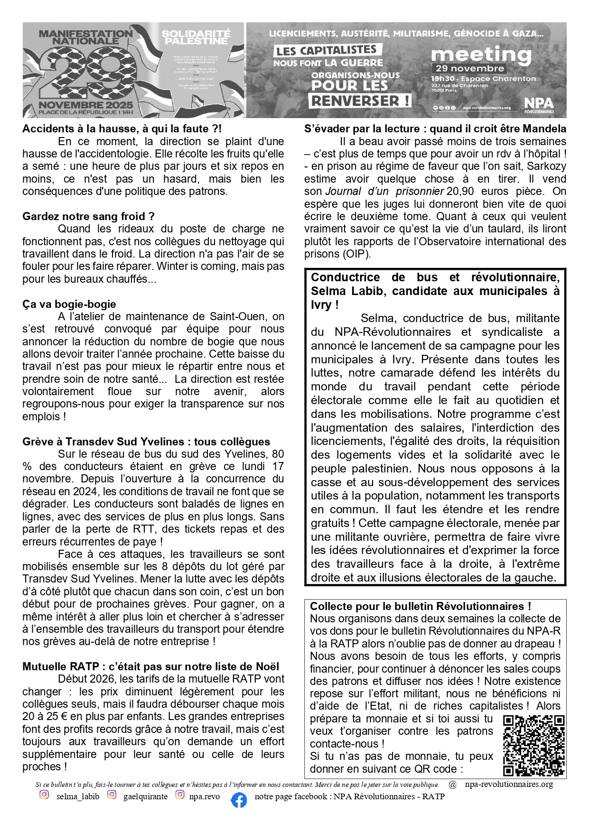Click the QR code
pyautogui.click(x=533, y=745)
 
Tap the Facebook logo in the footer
pyautogui.click(x=239, y=800)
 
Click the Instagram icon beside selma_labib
pyautogui.click(x=44, y=795)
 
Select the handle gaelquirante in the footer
pyautogui.click(x=145, y=796)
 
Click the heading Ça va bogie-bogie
pyautogui.click(x=69, y=304)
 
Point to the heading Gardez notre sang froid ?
pyautogui.click(x=88, y=216)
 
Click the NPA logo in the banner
pyautogui.click(x=539, y=105)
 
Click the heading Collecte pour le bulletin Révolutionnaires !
pyautogui.click(x=420, y=606)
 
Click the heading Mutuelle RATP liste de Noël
pyautogui.click(x=150, y=666)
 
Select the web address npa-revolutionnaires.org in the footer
pyautogui.click(x=509, y=784)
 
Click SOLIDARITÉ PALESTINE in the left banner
pyautogui.click(x=196, y=37)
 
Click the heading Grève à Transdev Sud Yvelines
pyautogui.click(x=146, y=442)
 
